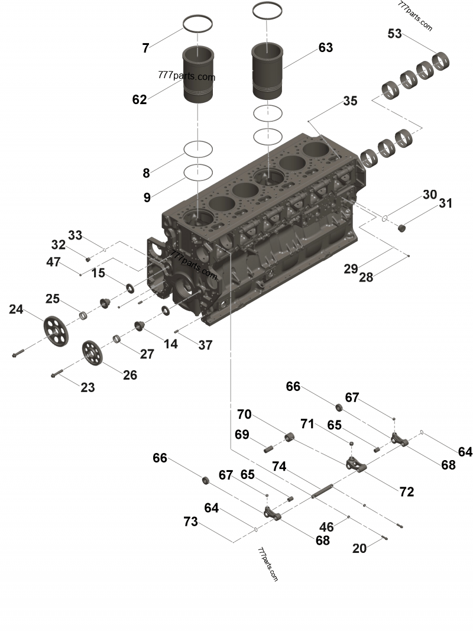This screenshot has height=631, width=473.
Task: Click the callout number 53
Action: point(394,34)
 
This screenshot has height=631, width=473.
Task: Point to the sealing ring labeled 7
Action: point(197,24)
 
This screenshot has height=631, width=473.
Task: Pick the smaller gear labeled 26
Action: point(91,352)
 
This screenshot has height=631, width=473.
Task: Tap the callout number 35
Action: point(350,101)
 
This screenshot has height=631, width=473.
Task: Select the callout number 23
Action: point(88,388)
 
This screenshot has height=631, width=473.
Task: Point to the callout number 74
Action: point(279,467)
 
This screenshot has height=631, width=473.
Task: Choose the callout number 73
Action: point(191,522)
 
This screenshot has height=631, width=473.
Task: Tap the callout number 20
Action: point(359,548)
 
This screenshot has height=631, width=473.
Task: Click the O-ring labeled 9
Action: point(197,171)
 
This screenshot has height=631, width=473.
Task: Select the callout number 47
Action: point(53,262)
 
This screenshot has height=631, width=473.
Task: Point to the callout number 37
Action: point(205,345)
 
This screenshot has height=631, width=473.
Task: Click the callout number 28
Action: point(366,277)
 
